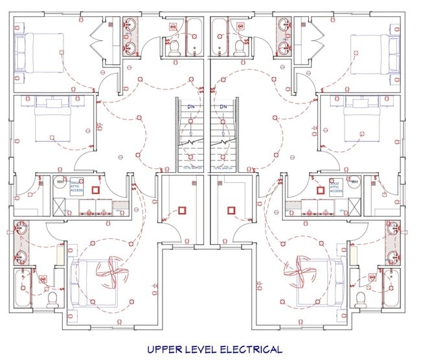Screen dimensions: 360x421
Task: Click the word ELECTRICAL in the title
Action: tap(246, 350)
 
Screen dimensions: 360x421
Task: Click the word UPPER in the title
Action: tap(163, 350)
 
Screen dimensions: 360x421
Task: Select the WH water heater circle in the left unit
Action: tap(60, 182)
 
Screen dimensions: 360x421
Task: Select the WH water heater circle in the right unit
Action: tap(354, 182)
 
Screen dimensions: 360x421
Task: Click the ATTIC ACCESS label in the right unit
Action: tap(336, 186)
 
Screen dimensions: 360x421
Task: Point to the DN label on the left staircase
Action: tap(192, 107)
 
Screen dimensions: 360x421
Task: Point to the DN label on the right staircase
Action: tap(223, 107)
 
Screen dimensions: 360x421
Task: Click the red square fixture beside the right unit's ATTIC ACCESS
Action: tap(319, 191)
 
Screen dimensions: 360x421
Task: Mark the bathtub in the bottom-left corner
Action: tap(23, 289)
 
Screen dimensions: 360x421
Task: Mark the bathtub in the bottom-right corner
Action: tap(392, 289)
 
